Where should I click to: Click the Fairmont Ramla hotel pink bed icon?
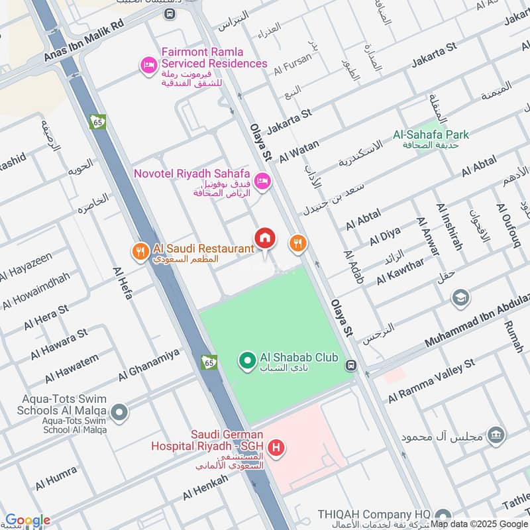click(148, 65)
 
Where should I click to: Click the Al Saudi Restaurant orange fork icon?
click(139, 250)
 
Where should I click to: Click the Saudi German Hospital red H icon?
click(278, 449)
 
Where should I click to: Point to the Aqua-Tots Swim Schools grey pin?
click(119, 413)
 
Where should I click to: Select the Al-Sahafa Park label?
click(431, 134)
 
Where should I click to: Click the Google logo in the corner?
click(27, 520)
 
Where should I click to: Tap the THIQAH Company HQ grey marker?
click(443, 515)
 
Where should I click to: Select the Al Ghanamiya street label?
click(149, 365)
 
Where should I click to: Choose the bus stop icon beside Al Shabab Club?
click(351, 364)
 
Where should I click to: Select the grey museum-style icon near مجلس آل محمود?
click(495, 435)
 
